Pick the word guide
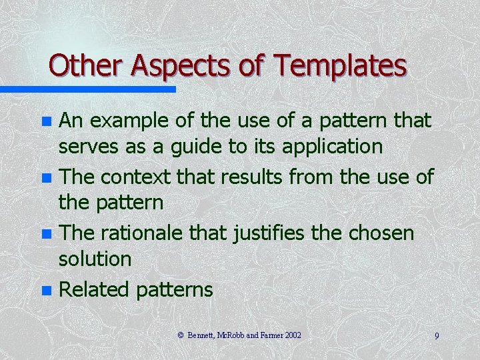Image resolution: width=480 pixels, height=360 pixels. tap(199, 146)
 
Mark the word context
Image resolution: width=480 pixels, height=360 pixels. tap(142, 177)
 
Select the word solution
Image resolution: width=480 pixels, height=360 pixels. tap(95, 259)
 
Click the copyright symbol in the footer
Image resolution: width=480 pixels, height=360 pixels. tap(181, 335)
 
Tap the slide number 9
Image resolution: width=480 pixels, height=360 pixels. tap(437, 336)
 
